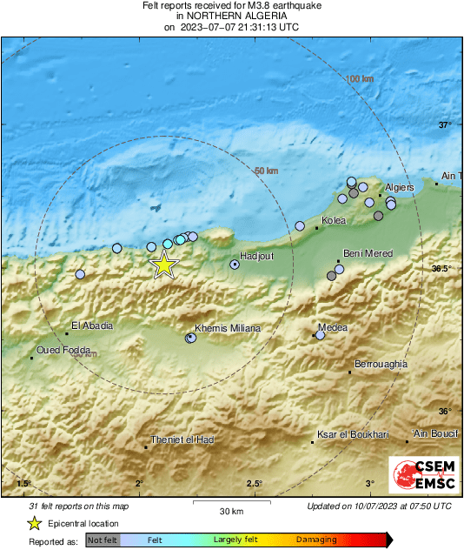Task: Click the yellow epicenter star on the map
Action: pyautogui.click(x=164, y=265)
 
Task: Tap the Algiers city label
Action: pyautogui.click(x=399, y=187)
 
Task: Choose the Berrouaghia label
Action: pyautogui.click(x=381, y=364)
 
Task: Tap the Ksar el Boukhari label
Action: pyautogui.click(x=353, y=434)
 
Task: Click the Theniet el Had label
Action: pyautogui.click(x=182, y=439)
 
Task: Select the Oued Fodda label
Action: pyautogui.click(x=63, y=351)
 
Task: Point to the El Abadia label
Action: pyautogui.click(x=92, y=326)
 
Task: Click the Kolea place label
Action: pyautogui.click(x=334, y=221)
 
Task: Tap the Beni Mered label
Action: pyautogui.click(x=368, y=253)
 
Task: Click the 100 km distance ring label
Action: pyautogui.click(x=359, y=79)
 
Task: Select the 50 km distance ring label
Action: pyautogui.click(x=265, y=171)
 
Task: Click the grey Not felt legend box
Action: pyautogui.click(x=103, y=540)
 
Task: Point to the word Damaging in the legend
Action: pyautogui.click(x=316, y=540)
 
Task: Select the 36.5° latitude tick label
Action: pyautogui.click(x=442, y=269)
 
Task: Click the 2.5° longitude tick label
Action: pyautogui.click(x=254, y=484)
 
